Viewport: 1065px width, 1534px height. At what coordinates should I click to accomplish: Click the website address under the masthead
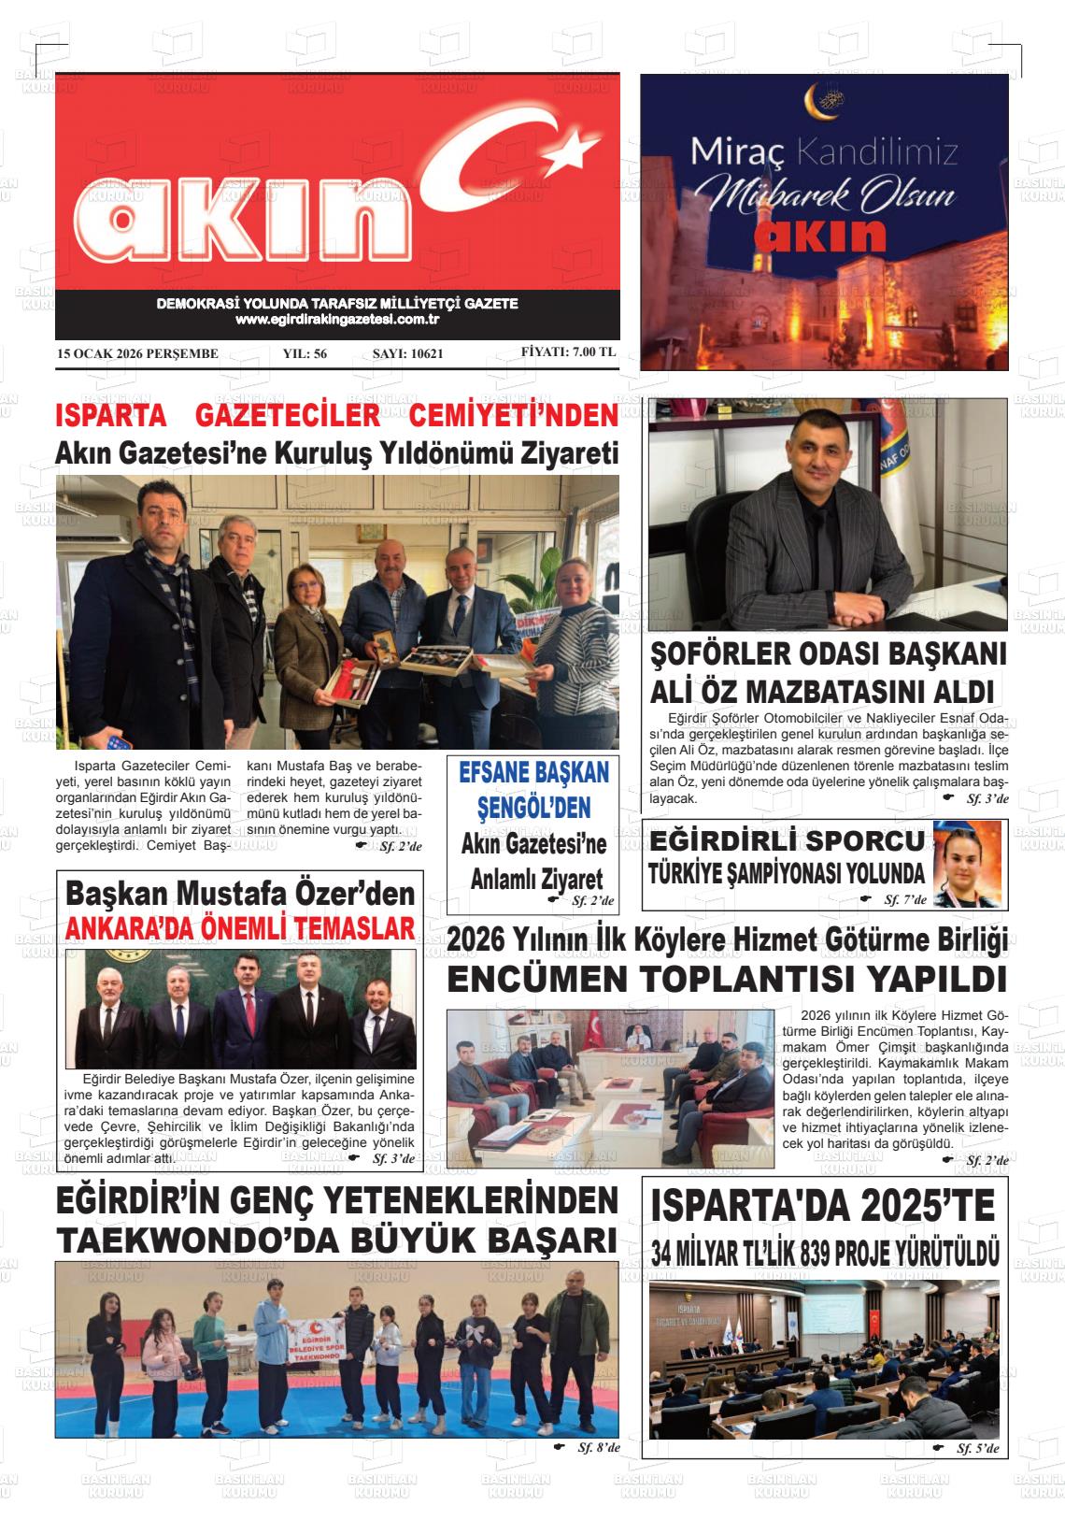(x=337, y=320)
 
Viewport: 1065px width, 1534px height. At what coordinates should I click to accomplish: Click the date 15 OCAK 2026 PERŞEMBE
(x=137, y=354)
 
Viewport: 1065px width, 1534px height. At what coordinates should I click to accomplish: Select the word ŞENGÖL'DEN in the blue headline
(x=534, y=807)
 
